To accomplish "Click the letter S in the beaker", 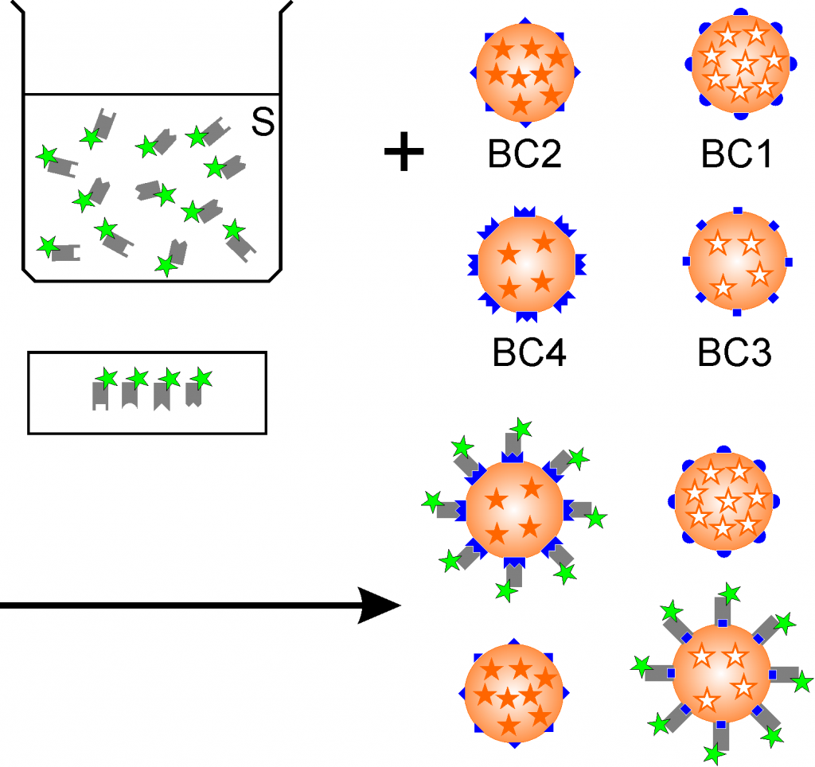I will point(263,122).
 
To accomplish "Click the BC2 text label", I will point(525,154).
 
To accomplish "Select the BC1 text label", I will point(736,154).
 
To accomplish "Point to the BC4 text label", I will point(529,353).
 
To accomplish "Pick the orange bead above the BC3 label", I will point(737,261).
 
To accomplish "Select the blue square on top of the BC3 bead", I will point(738,211).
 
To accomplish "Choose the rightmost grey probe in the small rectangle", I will point(192,394).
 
